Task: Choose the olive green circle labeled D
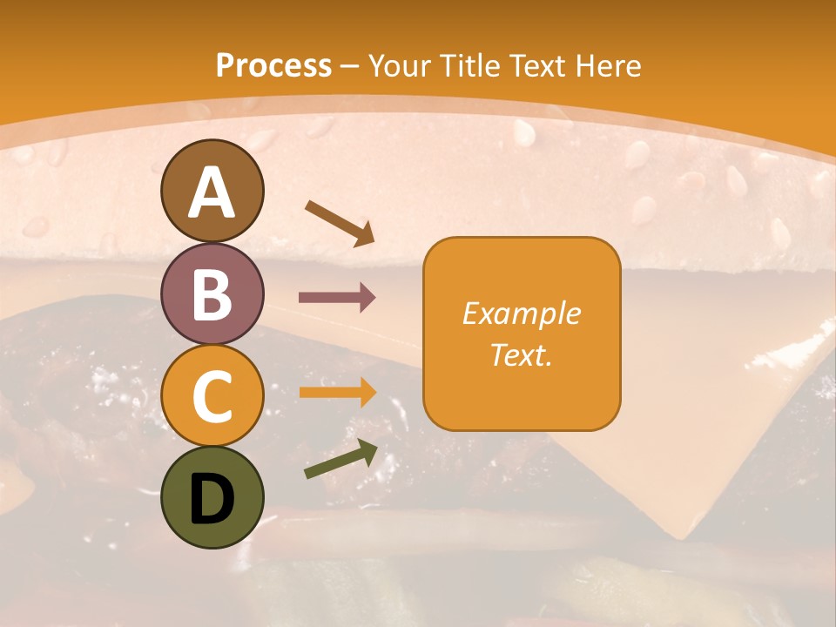point(212,498)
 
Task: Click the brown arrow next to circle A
point(340,221)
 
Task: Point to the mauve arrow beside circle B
point(337,297)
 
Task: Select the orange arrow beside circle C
point(337,392)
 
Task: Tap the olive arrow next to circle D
point(340,460)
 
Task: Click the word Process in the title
point(273,65)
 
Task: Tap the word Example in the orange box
point(521,313)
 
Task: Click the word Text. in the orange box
point(521,354)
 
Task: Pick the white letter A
point(212,193)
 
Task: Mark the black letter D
point(212,498)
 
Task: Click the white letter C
point(212,396)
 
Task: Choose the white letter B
point(212,295)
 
